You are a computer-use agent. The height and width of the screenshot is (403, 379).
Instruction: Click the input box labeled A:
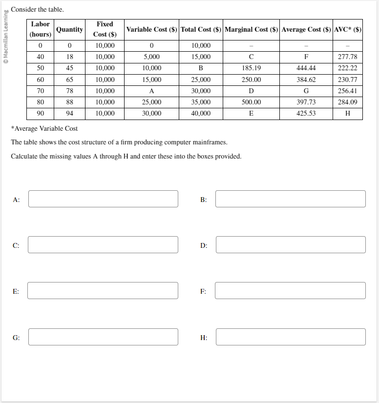103,199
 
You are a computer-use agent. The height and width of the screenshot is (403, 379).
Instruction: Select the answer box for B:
290,199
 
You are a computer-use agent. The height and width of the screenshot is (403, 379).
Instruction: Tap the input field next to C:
103,245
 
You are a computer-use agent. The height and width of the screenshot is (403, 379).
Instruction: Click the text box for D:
290,245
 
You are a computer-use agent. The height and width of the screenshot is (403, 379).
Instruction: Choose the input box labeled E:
103,291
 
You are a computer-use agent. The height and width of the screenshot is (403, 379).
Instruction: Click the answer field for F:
290,291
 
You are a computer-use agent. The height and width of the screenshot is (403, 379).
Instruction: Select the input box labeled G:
103,337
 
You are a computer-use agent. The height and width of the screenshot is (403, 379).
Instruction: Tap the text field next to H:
290,337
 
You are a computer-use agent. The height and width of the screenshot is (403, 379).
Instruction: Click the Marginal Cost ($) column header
251,29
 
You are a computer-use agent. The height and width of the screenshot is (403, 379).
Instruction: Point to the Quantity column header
69,29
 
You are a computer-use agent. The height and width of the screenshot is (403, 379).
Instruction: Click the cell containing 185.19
251,68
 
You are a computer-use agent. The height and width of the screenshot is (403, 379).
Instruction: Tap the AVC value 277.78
347,57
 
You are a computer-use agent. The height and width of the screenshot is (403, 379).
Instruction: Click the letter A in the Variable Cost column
152,91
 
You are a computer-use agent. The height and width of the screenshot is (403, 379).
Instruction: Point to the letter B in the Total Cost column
201,68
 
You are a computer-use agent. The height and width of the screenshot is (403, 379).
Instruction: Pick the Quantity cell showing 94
69,113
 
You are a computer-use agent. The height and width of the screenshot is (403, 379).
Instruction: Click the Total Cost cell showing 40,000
201,113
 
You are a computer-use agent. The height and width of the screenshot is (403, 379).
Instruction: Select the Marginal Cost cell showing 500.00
251,102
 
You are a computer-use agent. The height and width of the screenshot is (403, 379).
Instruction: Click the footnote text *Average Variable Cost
44,129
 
